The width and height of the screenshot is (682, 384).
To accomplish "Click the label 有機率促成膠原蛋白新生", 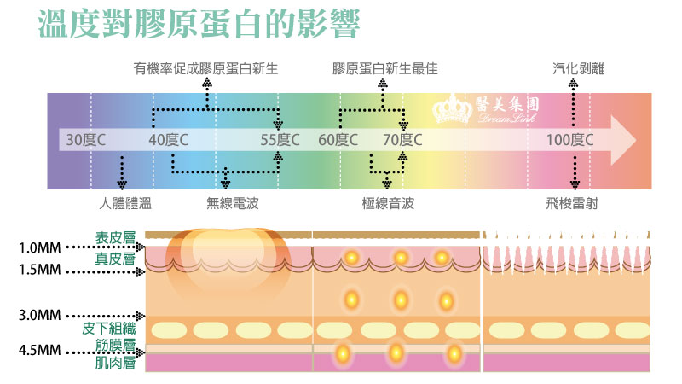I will click(x=205, y=69).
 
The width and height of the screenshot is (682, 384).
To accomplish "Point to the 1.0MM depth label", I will click(x=39, y=247).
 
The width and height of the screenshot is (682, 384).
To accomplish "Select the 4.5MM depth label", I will click(x=39, y=350).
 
